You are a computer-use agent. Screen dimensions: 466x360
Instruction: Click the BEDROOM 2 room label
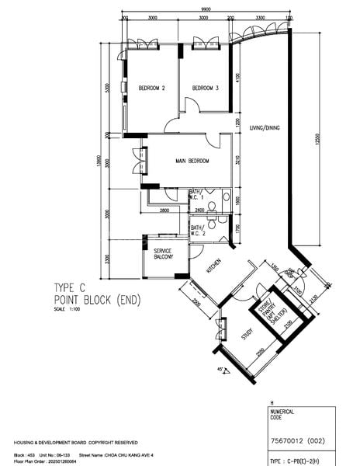pyautogui.click(x=152, y=88)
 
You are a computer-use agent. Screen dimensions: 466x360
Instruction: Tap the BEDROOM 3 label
pyautogui.click(x=206, y=88)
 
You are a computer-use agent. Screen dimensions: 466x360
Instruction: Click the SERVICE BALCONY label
pyautogui.click(x=162, y=254)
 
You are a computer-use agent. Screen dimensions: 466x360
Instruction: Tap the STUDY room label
pyautogui.click(x=247, y=335)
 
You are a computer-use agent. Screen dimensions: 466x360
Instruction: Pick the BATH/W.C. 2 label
pyautogui.click(x=197, y=231)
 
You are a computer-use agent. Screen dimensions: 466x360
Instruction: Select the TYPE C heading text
pyautogui.click(x=74, y=286)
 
